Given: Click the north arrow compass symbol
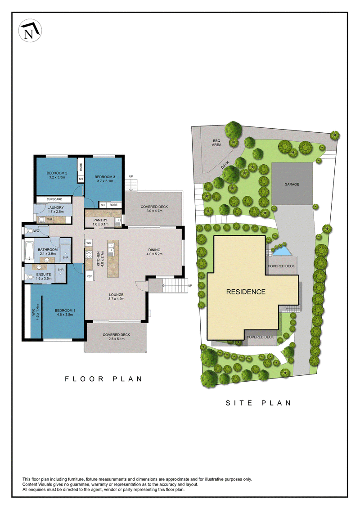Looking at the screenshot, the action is click(30, 30).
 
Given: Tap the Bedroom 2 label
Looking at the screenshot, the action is click(57, 175).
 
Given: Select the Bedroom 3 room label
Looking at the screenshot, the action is click(105, 179).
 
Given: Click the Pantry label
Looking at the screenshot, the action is click(100, 222).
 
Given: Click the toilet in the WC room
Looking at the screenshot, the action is click(29, 231).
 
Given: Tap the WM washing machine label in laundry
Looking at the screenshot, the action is click(49, 220).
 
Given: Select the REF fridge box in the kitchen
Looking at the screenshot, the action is click(89, 276).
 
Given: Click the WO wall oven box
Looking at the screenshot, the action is click(89, 243).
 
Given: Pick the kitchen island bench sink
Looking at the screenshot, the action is click(111, 250).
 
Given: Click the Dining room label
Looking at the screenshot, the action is click(154, 252).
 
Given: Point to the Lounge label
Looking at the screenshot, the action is click(116, 297).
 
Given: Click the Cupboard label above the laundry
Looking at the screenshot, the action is click(54, 199).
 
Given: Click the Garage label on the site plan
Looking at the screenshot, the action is click(292, 185).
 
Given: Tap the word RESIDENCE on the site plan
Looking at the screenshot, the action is click(246, 292).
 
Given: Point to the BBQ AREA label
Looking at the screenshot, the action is click(216, 143).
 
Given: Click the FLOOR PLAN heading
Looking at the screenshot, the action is click(103, 379).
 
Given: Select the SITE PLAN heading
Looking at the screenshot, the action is click(258, 403).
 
